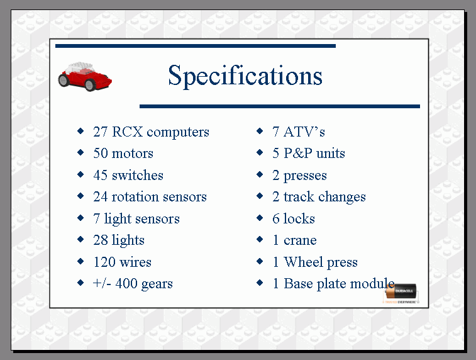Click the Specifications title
tap(245, 76)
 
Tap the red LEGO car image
tap(85, 77)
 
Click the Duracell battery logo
tap(401, 293)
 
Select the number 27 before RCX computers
tap(100, 132)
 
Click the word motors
tap(132, 154)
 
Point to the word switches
tap(138, 176)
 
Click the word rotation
tap(135, 197)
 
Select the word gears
tap(157, 284)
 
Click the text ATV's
tap(304, 132)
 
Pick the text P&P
tap(298, 154)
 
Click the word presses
tap(305, 176)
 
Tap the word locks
tap(299, 218)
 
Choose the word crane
tap(300, 240)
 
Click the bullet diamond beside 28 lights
tap(80, 239)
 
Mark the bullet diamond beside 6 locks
tap(260, 218)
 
